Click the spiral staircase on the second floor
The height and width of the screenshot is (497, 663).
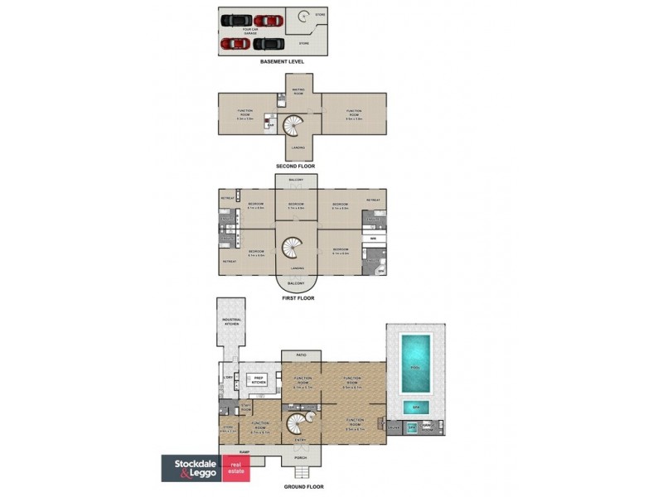tap(296, 126)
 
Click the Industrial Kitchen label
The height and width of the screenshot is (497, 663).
tap(231, 321)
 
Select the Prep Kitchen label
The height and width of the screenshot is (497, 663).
tap(259, 381)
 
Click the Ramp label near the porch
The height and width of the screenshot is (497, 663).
tap(244, 452)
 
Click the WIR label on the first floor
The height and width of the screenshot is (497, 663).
tap(373, 239)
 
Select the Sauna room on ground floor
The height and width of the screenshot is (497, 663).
tap(394, 428)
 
